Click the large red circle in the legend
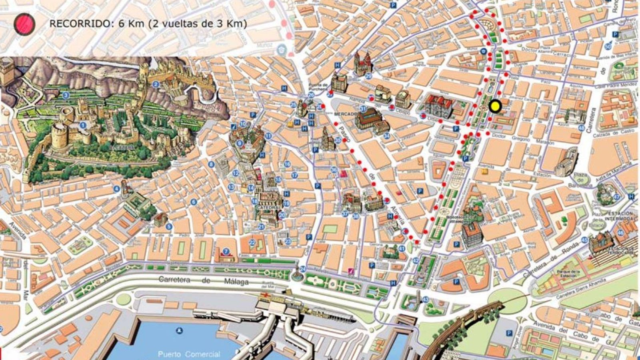click(24, 24)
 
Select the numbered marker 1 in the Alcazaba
click(83, 125)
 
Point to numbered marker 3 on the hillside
click(66, 95)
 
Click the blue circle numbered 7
click(226, 252)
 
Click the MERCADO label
click(345, 114)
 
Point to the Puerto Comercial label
click(189, 354)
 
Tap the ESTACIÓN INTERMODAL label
click(619, 216)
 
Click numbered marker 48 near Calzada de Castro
click(581, 128)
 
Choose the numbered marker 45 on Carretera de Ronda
click(584, 240)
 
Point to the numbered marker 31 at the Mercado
click(363, 109)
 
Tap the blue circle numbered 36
click(334, 170)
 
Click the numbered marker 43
click(426, 299)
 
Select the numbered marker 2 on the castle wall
click(156, 84)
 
